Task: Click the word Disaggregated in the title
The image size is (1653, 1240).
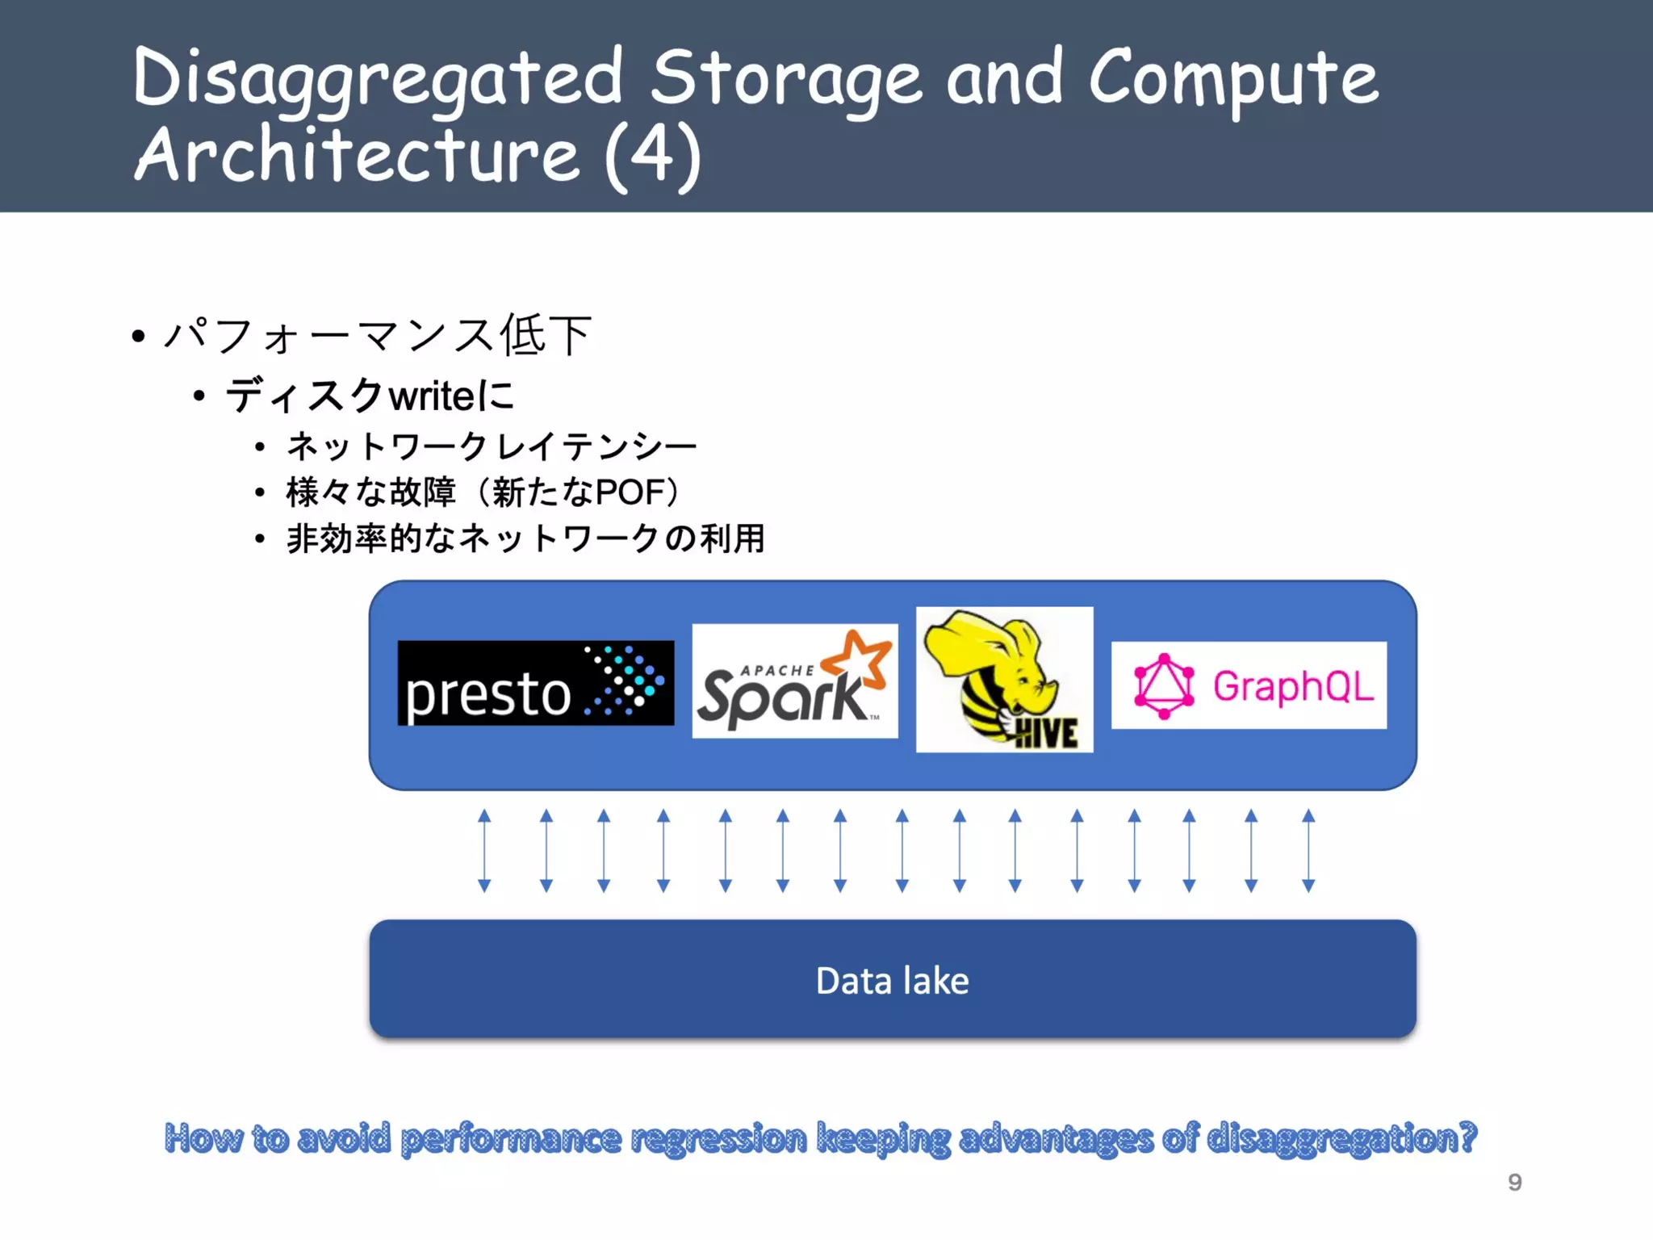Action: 378,79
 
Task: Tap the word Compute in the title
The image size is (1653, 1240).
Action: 1233,79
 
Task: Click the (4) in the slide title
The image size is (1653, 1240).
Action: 653,155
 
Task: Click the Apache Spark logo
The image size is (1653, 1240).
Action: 794,681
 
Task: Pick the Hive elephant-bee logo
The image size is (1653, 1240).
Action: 1004,680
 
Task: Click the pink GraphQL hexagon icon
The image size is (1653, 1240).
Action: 1163,686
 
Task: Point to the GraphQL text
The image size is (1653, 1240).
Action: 1293,686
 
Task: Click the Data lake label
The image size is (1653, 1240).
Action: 892,981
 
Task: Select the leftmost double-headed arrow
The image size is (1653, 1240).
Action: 484,850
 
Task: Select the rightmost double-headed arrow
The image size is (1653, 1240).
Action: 1308,850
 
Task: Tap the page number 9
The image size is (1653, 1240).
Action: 1514,1182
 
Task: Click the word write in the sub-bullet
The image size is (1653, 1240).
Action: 433,396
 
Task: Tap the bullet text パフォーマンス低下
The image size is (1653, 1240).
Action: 378,335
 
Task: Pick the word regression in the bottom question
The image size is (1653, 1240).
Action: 718,1138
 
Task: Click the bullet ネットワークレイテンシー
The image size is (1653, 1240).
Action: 491,446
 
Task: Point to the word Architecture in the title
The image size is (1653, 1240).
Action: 357,155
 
